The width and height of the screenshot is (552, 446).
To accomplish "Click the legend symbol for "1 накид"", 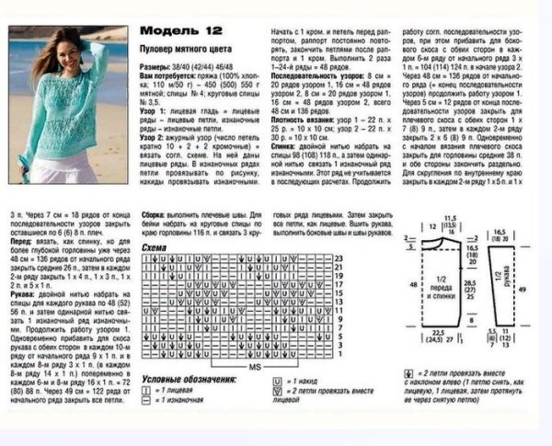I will [x=278, y=380].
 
